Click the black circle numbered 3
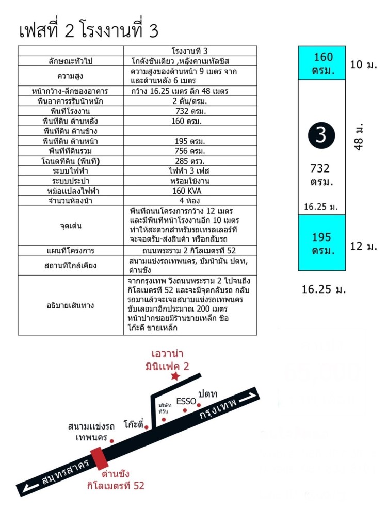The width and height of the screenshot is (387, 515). (321, 135)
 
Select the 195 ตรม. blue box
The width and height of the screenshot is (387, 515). (321, 244)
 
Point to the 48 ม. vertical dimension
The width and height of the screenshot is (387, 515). (360, 136)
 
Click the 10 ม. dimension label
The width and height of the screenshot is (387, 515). (363, 65)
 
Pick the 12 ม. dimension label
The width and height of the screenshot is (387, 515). (364, 246)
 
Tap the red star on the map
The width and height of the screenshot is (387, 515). (175, 377)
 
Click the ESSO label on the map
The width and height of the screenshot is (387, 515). (186, 401)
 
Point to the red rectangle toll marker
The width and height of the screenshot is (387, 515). (98, 457)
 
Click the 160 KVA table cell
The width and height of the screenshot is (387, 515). (190, 191)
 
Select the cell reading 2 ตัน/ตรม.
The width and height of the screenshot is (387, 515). (190, 101)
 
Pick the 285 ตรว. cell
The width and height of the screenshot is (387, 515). (190, 161)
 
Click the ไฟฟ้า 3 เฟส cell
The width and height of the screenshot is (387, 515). (190, 171)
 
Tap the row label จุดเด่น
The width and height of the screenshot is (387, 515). (71, 225)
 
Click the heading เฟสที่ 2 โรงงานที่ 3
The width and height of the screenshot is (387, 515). (88, 31)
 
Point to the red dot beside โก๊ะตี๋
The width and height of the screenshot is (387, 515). (147, 427)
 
